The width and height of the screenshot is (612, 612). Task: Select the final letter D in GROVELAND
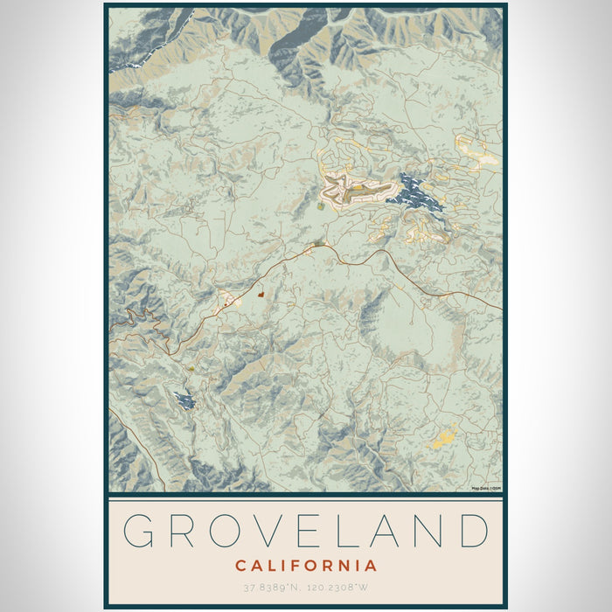(472, 532)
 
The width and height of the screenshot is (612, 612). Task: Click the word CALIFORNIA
(306, 566)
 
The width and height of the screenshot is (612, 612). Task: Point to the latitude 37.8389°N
(268, 589)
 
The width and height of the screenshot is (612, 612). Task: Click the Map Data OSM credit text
(485, 489)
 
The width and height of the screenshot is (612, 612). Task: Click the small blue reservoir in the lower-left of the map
(184, 400)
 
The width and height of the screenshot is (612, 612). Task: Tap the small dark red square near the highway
(261, 296)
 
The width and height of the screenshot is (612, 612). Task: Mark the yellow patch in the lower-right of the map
(444, 435)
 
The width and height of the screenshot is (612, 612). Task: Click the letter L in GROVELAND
(349, 532)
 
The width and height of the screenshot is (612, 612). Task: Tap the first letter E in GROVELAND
(310, 532)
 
